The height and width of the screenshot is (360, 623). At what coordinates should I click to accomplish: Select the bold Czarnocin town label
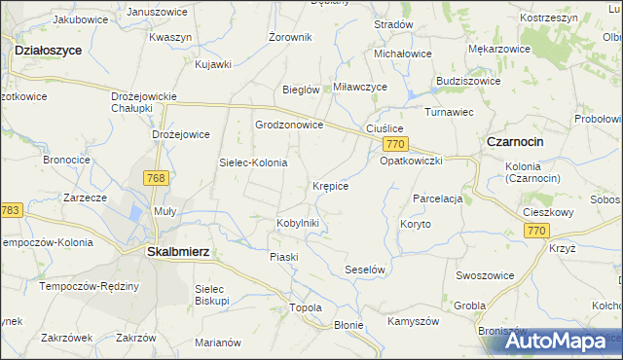pyautogui.click(x=515, y=141)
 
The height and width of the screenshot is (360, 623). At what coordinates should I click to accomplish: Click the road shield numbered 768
pyautogui.click(x=155, y=178)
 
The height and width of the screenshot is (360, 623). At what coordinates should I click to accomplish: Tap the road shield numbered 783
pyautogui.click(x=11, y=210)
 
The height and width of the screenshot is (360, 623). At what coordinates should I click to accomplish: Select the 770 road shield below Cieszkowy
pyautogui.click(x=535, y=231)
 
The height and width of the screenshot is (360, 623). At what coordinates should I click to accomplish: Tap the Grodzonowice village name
pyautogui.click(x=288, y=126)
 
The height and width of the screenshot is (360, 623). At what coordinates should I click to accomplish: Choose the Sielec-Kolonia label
pyautogui.click(x=253, y=162)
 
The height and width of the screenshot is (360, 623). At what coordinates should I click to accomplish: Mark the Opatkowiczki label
pyautogui.click(x=412, y=161)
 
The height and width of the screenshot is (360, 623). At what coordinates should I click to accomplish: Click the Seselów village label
pyautogui.click(x=367, y=269)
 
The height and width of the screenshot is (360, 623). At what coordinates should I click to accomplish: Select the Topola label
pyautogui.click(x=306, y=307)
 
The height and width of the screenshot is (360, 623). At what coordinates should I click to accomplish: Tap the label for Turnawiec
pyautogui.click(x=449, y=112)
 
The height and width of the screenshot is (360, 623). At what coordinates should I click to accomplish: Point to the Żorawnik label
pyautogui.click(x=290, y=37)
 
